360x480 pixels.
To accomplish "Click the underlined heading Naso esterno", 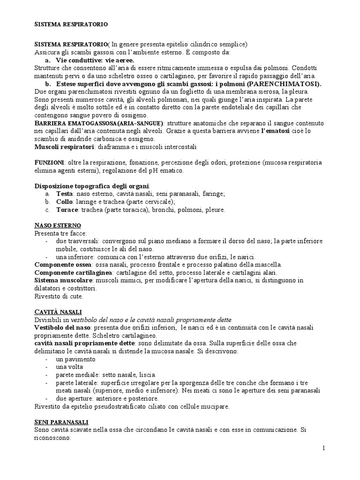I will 58,225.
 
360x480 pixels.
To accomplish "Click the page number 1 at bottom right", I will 323,449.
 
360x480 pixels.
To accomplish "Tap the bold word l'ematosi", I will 275,131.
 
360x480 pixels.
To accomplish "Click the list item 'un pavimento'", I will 75,359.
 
